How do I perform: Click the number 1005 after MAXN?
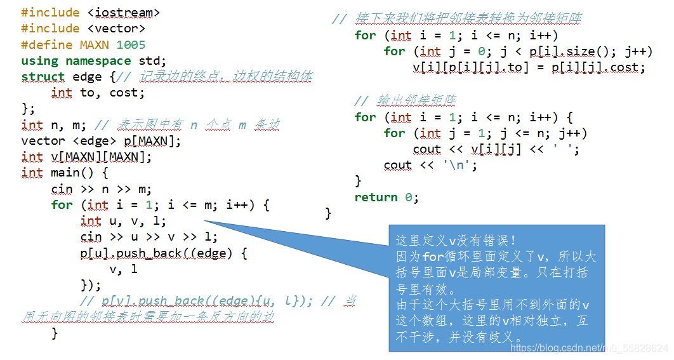[131, 44]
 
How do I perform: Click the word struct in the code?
[43, 77]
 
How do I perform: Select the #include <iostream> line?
[90, 13]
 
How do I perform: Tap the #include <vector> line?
[83, 29]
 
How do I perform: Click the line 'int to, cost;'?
[98, 93]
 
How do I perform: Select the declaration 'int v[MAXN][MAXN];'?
[86, 157]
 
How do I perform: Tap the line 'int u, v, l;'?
[123, 221]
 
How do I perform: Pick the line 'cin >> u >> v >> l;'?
[149, 237]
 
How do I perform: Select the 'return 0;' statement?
[387, 197]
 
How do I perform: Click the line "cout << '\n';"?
[430, 165]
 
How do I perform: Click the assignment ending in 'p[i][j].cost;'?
[529, 67]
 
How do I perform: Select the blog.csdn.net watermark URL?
[589, 348]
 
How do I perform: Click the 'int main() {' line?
[65, 173]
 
